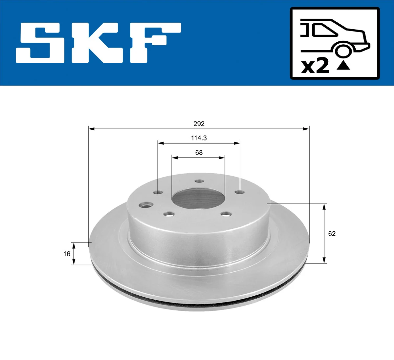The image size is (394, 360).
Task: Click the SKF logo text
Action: (98, 43)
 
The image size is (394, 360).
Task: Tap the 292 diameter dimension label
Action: (199, 124)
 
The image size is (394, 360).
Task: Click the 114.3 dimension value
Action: (199, 138)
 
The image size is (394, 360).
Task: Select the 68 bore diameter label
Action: (199, 153)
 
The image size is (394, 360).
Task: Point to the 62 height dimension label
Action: (332, 234)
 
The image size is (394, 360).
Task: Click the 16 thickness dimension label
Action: (67, 254)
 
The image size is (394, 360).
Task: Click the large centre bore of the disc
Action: (198, 199)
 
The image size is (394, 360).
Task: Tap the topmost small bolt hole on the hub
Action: (199, 181)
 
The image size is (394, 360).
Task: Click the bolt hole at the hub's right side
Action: (240, 192)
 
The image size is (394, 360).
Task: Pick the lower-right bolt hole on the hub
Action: (226, 214)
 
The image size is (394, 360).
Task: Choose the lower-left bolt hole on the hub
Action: (169, 214)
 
